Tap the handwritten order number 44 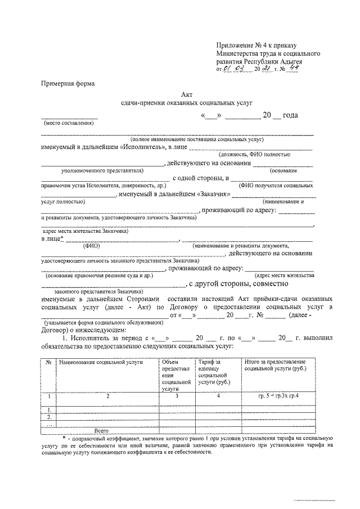point(293,69)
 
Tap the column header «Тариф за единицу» point(210,372)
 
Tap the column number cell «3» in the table point(177,397)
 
